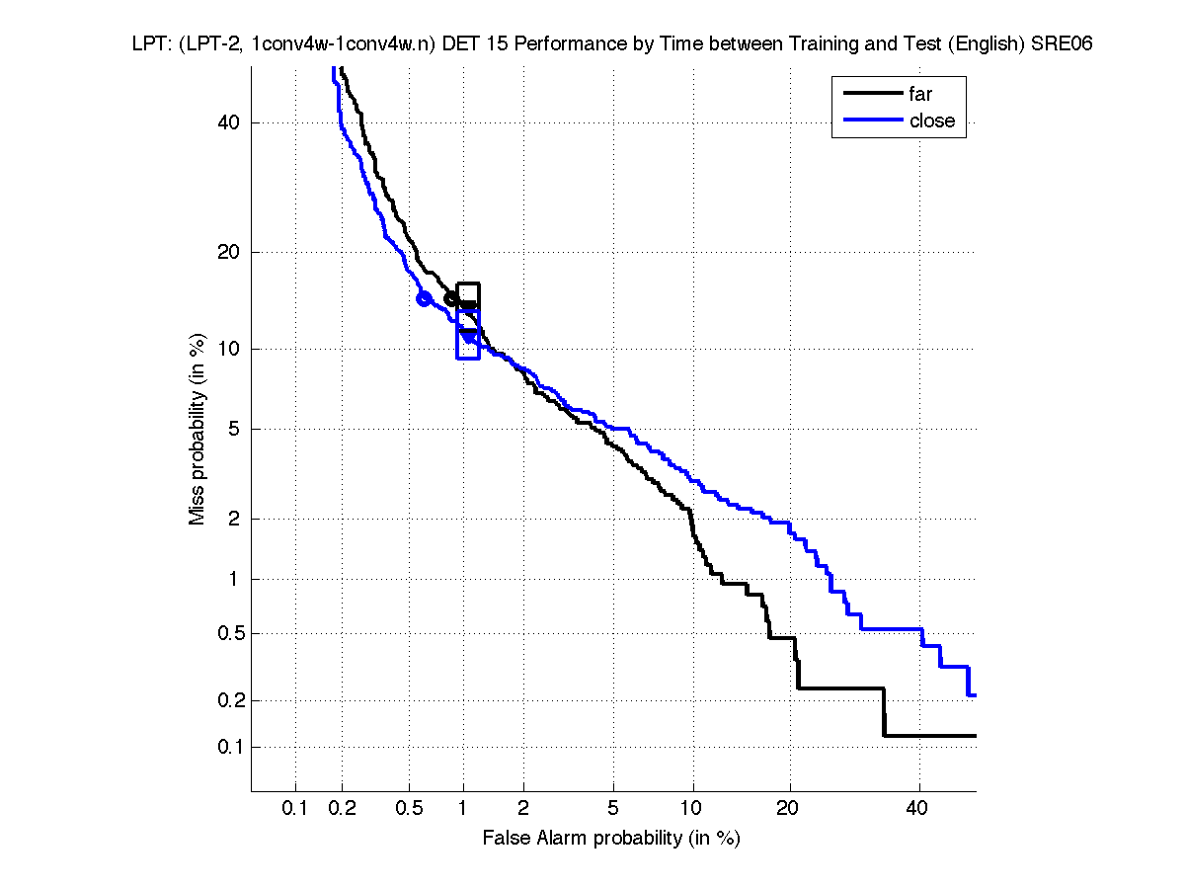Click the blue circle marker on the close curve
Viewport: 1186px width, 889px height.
[425, 298]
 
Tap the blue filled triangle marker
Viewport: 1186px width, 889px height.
[469, 337]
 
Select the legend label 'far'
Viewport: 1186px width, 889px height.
[920, 95]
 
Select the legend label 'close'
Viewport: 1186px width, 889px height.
[931, 121]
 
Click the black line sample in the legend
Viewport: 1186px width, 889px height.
[873, 95]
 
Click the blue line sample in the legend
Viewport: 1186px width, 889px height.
[873, 121]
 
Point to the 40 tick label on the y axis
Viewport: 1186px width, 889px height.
[229, 122]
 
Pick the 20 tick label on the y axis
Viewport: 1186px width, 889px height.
[229, 252]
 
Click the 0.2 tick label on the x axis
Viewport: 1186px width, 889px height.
[343, 809]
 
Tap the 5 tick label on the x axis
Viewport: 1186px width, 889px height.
[613, 809]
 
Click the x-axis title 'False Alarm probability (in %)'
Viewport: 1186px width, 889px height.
[611, 839]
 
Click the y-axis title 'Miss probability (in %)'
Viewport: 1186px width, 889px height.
[198, 427]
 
